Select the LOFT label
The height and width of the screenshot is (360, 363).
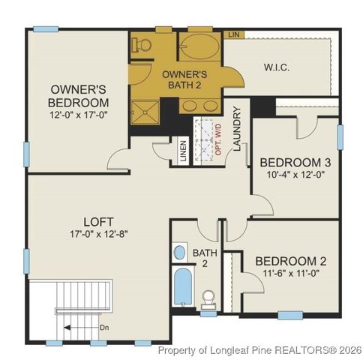[x=97, y=222]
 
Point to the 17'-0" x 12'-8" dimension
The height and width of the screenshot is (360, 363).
[x=97, y=234]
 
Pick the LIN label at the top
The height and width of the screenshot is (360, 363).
[x=234, y=34]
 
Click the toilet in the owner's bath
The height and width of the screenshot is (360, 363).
[x=139, y=45]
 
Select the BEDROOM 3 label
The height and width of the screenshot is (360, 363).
[x=295, y=162]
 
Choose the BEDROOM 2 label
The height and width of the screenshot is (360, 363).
[x=291, y=261]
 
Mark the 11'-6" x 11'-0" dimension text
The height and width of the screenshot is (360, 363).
[x=291, y=274]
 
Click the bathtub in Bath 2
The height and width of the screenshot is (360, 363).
[x=181, y=289]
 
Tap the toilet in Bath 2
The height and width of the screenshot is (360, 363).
[x=209, y=298]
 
